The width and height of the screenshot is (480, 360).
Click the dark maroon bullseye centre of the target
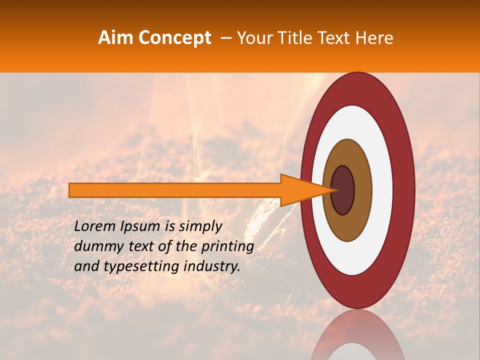click(x=343, y=190)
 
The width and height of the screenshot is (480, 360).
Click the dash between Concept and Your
click(x=225, y=38)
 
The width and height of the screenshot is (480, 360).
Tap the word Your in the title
click(x=253, y=38)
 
